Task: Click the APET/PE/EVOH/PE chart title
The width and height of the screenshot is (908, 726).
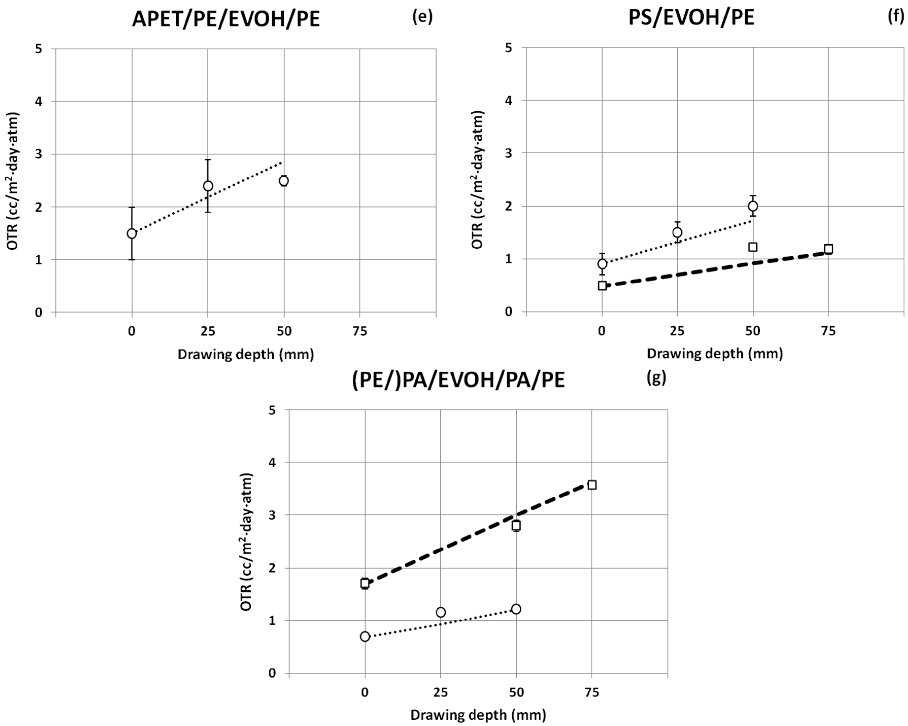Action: [x=226, y=19]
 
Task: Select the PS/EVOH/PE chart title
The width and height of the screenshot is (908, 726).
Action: [x=691, y=18]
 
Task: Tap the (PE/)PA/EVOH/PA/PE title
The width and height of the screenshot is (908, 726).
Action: [x=458, y=380]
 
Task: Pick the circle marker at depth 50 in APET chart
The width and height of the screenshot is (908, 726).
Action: [x=284, y=181]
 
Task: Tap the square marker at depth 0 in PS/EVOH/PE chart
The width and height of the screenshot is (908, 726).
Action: [x=602, y=285]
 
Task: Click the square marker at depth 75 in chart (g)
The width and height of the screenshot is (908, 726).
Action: [x=592, y=485]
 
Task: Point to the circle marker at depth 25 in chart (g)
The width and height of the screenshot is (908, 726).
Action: [x=440, y=612]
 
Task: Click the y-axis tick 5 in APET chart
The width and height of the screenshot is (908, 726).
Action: [x=39, y=49]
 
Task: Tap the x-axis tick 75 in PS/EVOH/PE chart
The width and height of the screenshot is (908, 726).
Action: [x=828, y=331]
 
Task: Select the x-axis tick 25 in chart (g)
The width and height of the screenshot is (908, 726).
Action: [x=440, y=692]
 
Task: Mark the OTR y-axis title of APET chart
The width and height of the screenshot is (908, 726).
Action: [x=13, y=181]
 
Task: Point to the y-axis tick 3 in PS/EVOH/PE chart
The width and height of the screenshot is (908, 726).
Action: [x=509, y=153]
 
